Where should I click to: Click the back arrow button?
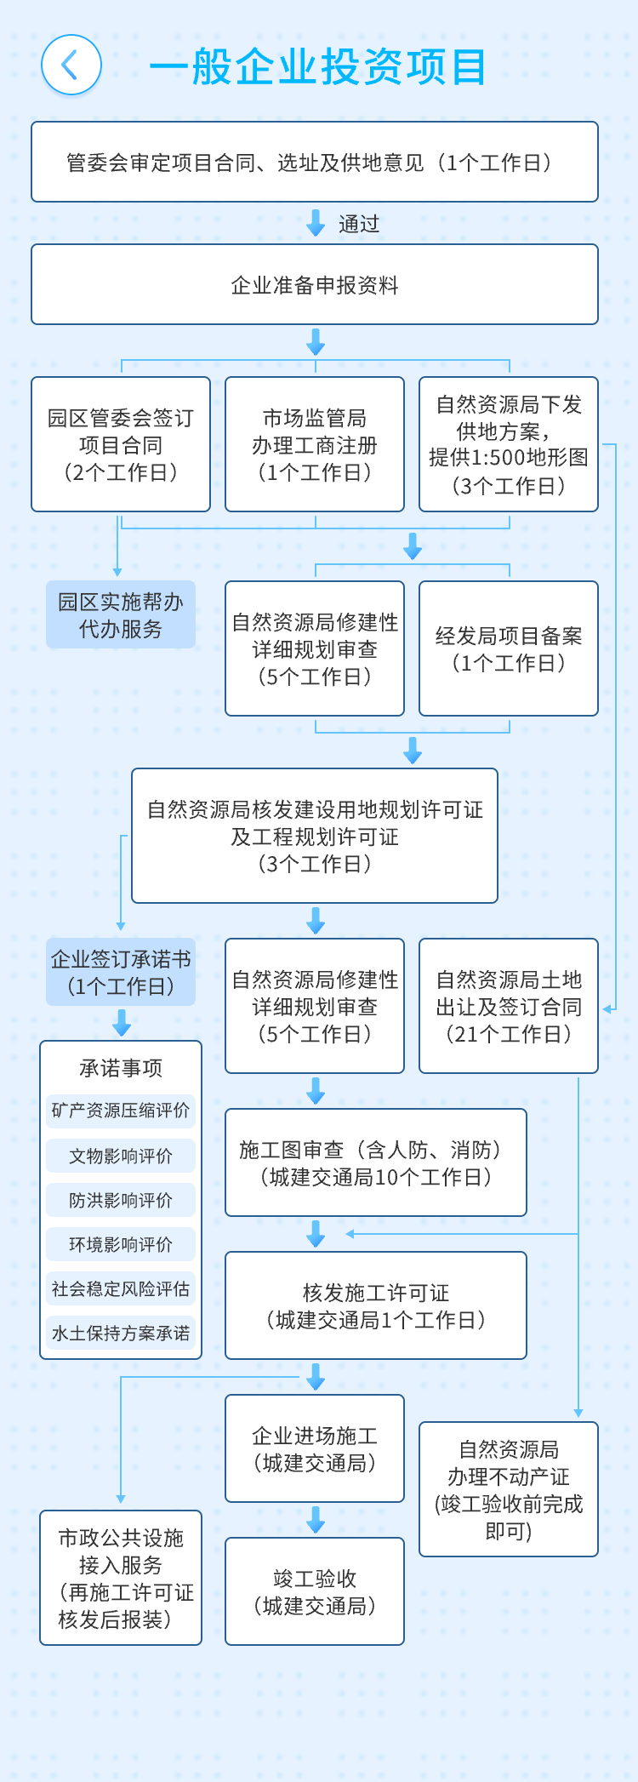pos(71,65)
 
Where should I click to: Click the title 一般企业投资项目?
pos(317,66)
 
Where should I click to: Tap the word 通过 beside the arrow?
pos(359,224)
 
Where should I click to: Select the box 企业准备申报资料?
pos(315,284)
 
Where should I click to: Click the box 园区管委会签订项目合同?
pos(121,444)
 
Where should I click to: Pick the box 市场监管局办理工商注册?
pos(315,444)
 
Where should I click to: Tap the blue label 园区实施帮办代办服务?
pos(121,614)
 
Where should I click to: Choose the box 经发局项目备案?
pos(509,648)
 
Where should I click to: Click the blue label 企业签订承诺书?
pos(121,972)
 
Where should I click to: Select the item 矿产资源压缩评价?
pos(121,1111)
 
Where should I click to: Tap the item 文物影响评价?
pos(121,1156)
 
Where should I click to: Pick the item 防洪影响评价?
pos(121,1200)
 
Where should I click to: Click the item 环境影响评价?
pos(121,1244)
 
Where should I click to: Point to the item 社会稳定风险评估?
pos(121,1288)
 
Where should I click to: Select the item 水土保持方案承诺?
pos(121,1333)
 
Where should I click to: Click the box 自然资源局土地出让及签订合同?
pos(509,1006)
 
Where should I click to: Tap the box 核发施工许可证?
pos(376,1305)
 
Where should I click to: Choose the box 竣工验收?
pos(315,1591)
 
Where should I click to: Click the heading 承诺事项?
pos(121,1067)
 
